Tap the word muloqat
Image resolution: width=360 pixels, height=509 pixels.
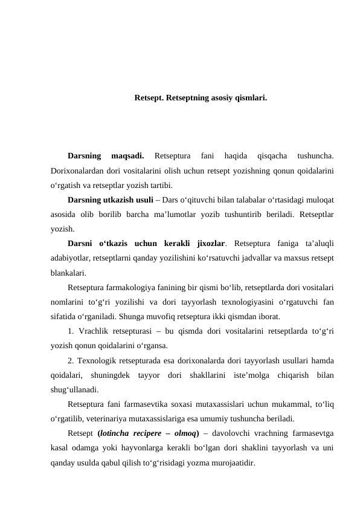[x=321, y=198]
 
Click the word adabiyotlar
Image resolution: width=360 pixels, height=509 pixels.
[x=72, y=258]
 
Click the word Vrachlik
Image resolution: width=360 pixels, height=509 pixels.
[x=94, y=331]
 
